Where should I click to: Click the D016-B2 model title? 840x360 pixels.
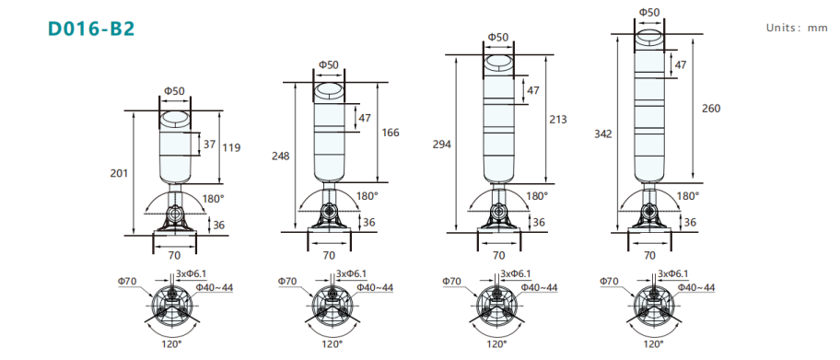[91, 29]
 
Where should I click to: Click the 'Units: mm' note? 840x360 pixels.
[797, 28]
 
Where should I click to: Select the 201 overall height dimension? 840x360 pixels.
[120, 173]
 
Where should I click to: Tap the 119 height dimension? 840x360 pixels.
[232, 147]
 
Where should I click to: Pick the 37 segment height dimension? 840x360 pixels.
[209, 145]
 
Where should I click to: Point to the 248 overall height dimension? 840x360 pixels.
[280, 157]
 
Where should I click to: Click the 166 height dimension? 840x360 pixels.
[391, 133]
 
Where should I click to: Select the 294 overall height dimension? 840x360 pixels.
[442, 145]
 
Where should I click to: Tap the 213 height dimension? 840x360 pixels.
[557, 120]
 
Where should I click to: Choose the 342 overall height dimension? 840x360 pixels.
[603, 134]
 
